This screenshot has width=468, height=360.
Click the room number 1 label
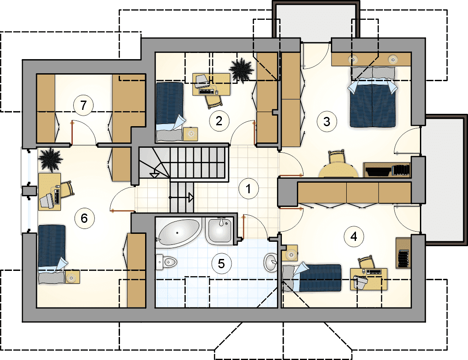pyautogui.click(x=248, y=188)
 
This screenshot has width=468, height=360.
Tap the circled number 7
pyautogui.click(x=83, y=105)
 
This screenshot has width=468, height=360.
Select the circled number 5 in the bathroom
pyautogui.click(x=221, y=263)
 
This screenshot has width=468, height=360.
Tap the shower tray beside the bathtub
pyautogui.click(x=220, y=230)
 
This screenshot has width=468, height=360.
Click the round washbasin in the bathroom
pyautogui.click(x=271, y=262)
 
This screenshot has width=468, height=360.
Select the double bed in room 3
pyautogui.click(x=372, y=97)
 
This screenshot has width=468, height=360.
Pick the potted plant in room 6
pyautogui.click(x=50, y=160)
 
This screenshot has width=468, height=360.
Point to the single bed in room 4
pyautogui.click(x=312, y=277)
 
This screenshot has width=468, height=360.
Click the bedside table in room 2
pyautogui.click(x=191, y=134)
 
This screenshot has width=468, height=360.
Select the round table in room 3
pyautogui.click(x=338, y=170)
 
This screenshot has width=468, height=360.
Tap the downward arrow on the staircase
pyautogui.click(x=154, y=175)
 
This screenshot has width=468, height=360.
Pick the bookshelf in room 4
pyautogui.click(x=403, y=253)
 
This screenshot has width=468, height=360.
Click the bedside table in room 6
pyautogui.click(x=72, y=277)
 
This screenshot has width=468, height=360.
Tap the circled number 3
pyautogui.click(x=326, y=121)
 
